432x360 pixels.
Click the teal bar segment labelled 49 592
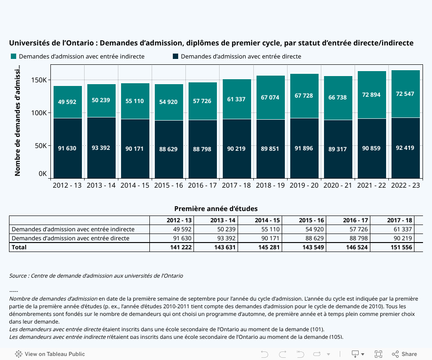67,102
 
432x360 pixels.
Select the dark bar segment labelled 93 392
101,148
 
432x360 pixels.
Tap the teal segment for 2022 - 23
405,94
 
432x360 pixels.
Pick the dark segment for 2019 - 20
304,148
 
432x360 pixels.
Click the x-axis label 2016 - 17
202,185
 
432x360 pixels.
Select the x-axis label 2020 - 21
338,185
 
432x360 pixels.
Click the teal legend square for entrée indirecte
13,56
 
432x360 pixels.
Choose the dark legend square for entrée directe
175,56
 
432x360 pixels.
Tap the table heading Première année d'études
216,209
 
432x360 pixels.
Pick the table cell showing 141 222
179,247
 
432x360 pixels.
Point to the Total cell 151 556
400,247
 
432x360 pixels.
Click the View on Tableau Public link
50,354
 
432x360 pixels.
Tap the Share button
405,354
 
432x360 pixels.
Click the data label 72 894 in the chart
372,94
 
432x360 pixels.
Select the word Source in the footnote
18,276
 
